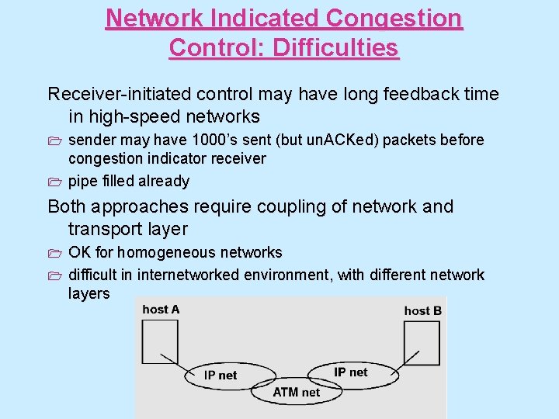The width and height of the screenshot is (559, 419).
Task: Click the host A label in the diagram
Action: (x=161, y=310)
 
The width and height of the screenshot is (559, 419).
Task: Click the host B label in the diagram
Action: (x=423, y=310)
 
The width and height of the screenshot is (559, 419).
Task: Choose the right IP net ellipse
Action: (x=351, y=372)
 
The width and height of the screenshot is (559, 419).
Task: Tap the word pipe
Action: (x=82, y=182)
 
